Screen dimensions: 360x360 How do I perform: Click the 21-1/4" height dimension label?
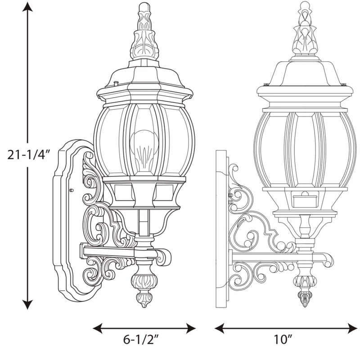click(x=28, y=154)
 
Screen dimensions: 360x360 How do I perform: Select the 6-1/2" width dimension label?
click(x=141, y=339)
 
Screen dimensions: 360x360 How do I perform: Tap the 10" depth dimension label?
click(x=283, y=339)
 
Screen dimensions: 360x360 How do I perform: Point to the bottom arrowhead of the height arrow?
click(x=27, y=305)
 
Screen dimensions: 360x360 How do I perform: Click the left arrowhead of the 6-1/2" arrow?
click(x=97, y=328)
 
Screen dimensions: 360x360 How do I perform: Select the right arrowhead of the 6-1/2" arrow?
click(x=191, y=328)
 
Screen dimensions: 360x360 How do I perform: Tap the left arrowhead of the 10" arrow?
click(x=219, y=328)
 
